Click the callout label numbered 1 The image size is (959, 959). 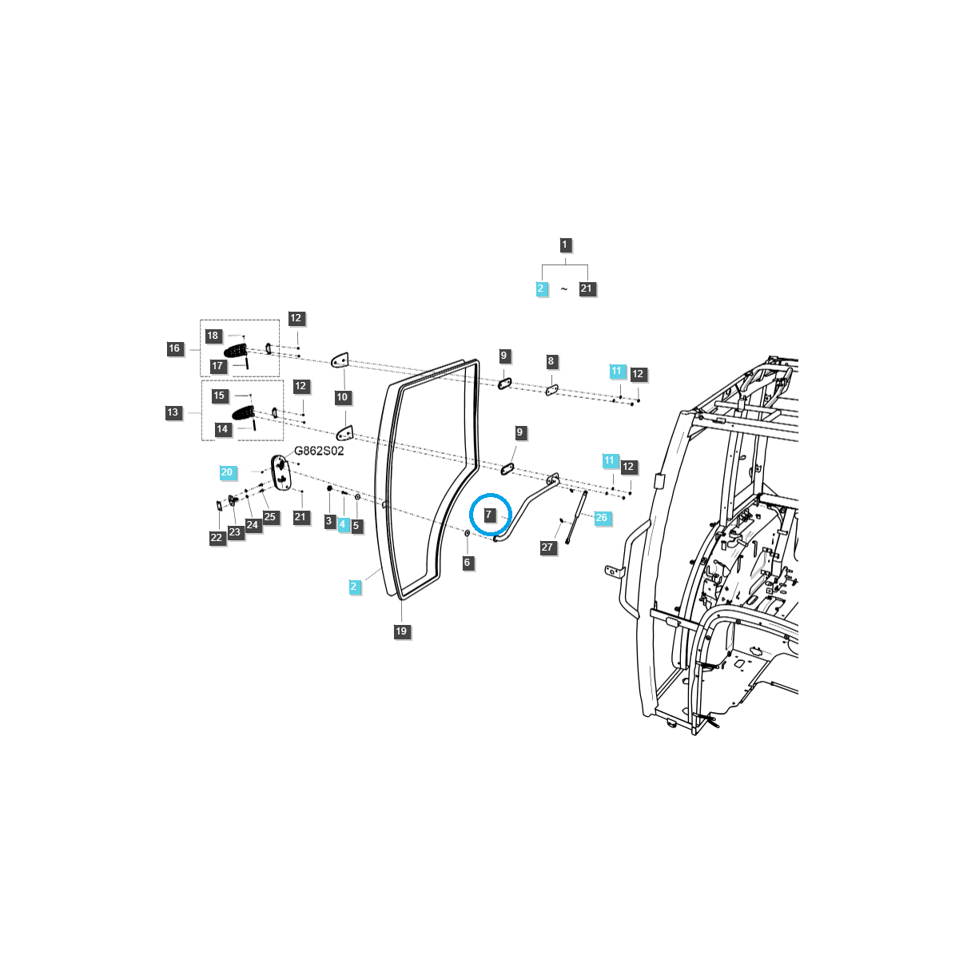[x=564, y=245]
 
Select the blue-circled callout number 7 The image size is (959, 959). [x=489, y=514]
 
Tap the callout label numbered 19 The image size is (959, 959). [x=401, y=631]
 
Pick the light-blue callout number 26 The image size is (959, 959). [x=601, y=518]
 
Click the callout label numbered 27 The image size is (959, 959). [x=547, y=547]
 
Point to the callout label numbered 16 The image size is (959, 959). [x=174, y=348]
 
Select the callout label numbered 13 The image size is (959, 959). [x=173, y=412]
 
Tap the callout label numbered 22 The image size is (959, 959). [x=216, y=538]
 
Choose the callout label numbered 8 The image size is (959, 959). [x=551, y=361]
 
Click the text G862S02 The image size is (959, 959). [x=319, y=451]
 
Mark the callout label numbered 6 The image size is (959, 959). [x=467, y=563]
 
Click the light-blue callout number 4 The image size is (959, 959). [x=342, y=524]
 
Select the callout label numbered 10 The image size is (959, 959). [x=342, y=397]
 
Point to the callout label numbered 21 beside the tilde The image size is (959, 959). [x=587, y=288]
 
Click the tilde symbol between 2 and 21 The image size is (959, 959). [x=564, y=289]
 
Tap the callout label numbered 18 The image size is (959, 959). [x=213, y=336]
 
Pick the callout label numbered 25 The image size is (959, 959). [x=270, y=516]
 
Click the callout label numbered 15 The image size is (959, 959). [x=219, y=396]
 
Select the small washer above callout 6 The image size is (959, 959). [x=467, y=534]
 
